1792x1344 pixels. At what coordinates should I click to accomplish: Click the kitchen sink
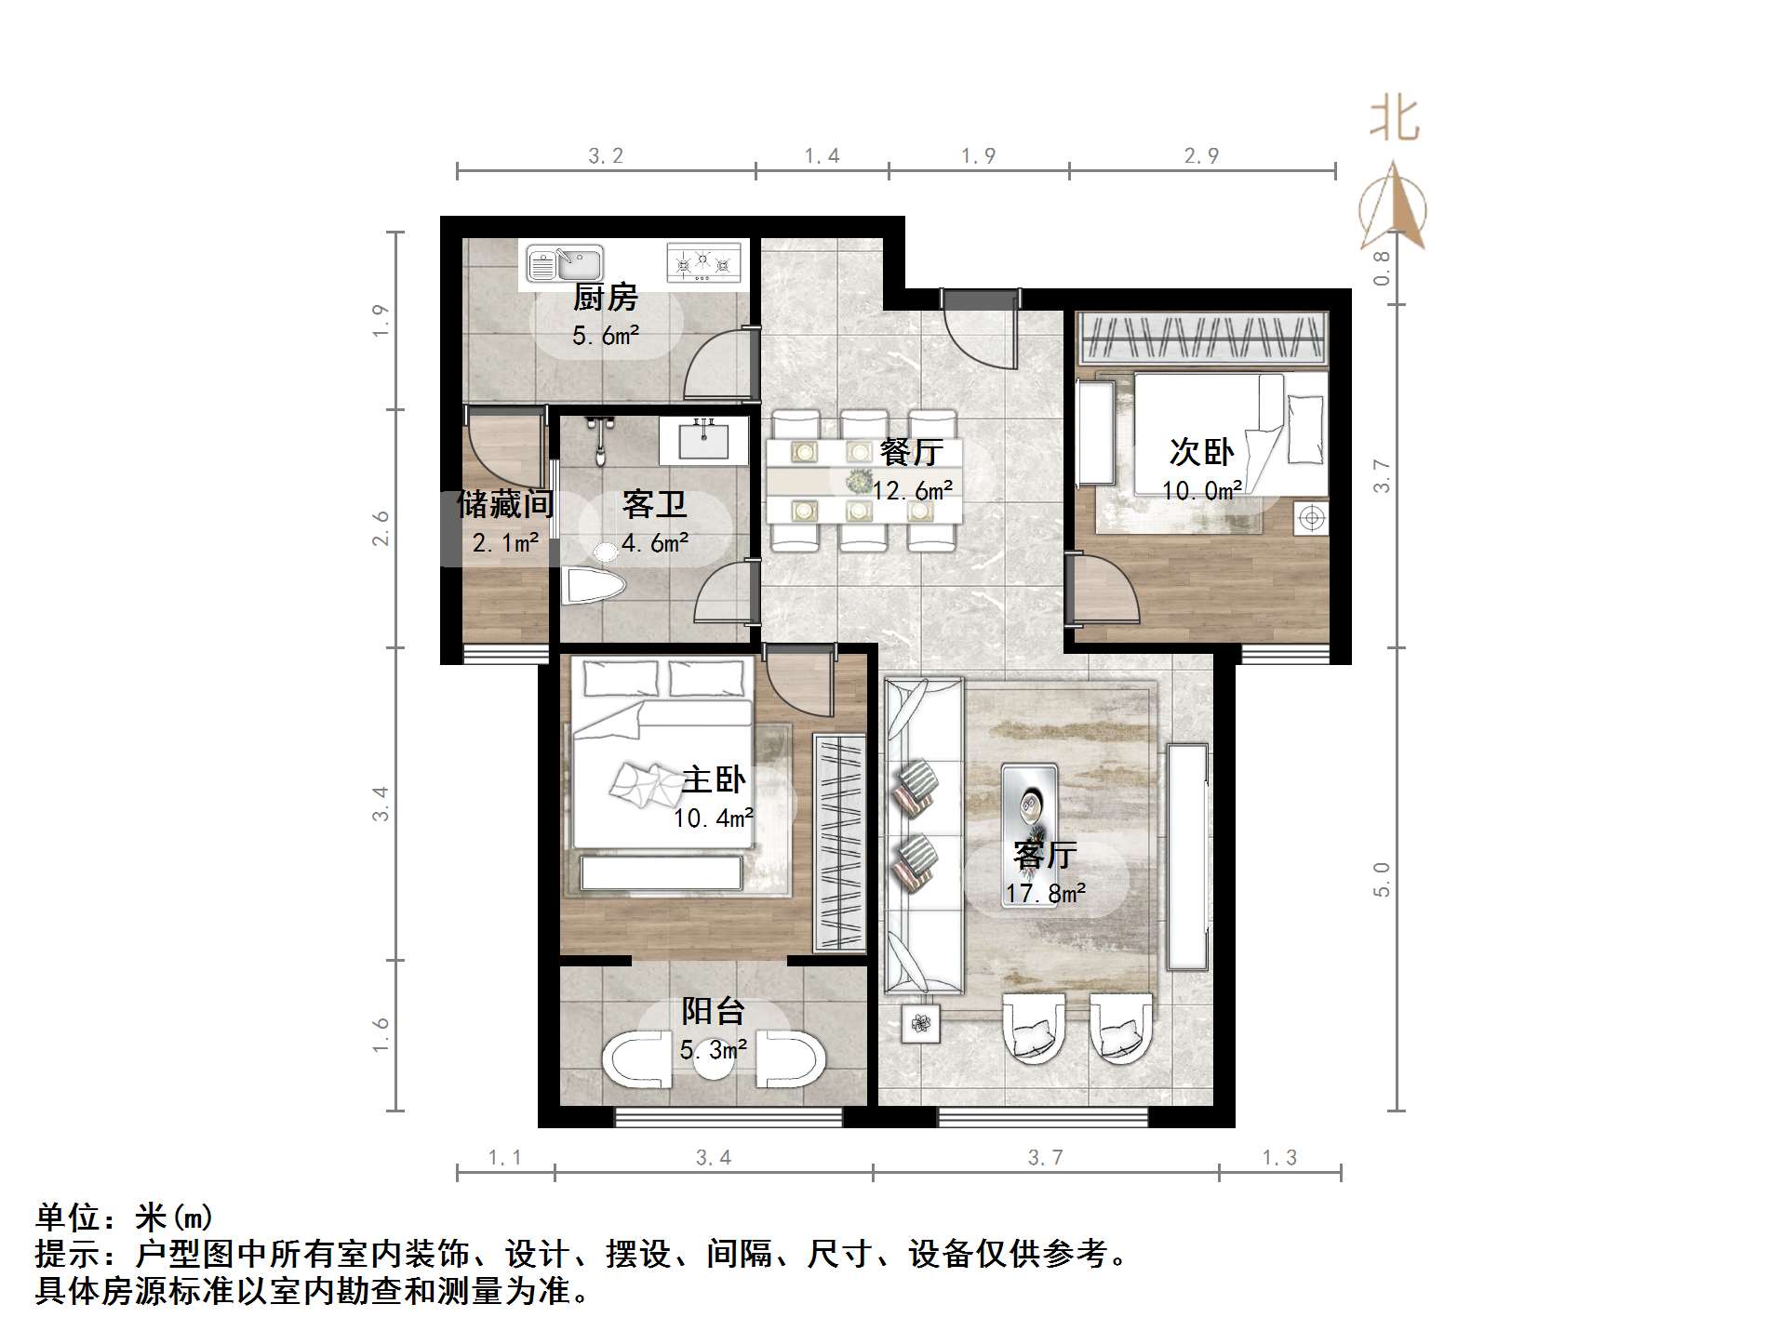coord(565,263)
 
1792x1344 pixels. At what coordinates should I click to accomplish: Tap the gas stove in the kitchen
coord(704,261)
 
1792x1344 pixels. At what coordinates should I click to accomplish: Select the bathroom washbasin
coord(704,439)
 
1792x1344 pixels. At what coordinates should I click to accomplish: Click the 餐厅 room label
coord(911,452)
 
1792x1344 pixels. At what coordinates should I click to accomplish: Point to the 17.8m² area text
coord(1045,894)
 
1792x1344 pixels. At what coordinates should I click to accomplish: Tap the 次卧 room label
coord(1201,452)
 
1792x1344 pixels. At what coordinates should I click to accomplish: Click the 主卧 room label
coord(713,779)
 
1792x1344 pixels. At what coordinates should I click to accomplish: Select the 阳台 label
coord(713,1011)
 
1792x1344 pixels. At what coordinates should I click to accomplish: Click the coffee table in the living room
coord(1028,805)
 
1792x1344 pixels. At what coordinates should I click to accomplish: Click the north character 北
coord(1393,120)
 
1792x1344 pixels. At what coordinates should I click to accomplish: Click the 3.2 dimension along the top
coord(606,156)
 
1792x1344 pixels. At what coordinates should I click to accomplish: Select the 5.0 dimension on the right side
coord(1382,879)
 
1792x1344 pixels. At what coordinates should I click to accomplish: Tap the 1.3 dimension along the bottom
coord(1279,1158)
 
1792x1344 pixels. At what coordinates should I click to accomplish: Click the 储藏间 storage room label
coord(505,505)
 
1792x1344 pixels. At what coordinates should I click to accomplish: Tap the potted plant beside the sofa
coord(921,1024)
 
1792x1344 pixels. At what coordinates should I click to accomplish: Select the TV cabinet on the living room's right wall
coord(1188,856)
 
